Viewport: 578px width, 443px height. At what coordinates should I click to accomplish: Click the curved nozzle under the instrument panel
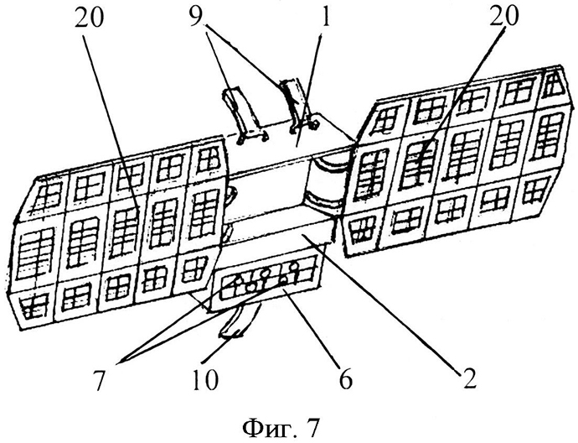tap(240, 324)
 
